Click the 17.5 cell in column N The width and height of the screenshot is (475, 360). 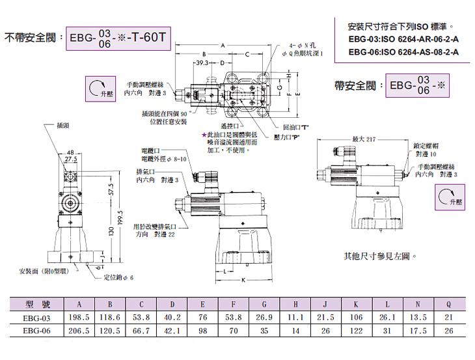[417, 330]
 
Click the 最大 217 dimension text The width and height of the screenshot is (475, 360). [364, 139]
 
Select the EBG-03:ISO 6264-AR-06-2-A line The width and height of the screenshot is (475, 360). [403, 40]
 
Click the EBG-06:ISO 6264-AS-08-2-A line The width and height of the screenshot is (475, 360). [403, 51]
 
